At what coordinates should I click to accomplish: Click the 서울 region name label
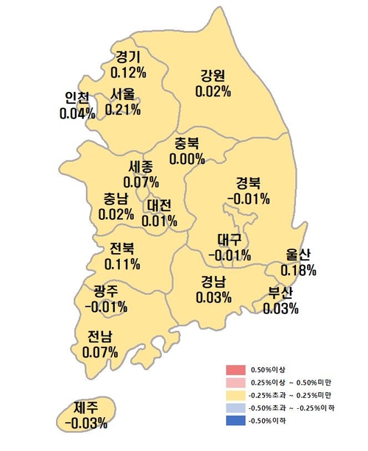click(124, 94)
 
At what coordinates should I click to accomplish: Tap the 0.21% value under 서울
click(124, 109)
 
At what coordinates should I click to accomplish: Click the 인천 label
click(77, 98)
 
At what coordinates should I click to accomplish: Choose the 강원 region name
click(213, 76)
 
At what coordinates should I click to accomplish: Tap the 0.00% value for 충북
click(187, 158)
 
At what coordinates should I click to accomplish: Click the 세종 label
click(141, 166)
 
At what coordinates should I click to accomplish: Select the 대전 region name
click(160, 205)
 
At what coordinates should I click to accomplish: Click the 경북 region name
click(248, 182)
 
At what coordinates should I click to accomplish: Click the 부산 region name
click(280, 293)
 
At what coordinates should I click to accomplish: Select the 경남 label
click(213, 281)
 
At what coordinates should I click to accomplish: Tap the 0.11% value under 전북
click(122, 263)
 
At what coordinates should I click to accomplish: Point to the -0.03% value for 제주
click(86, 423)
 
